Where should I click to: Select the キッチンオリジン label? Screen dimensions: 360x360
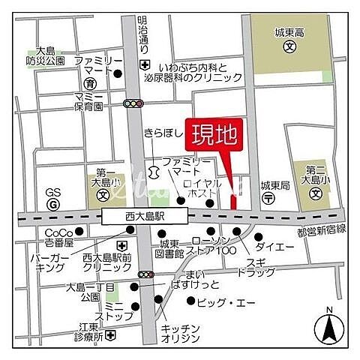tap(180, 333)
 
